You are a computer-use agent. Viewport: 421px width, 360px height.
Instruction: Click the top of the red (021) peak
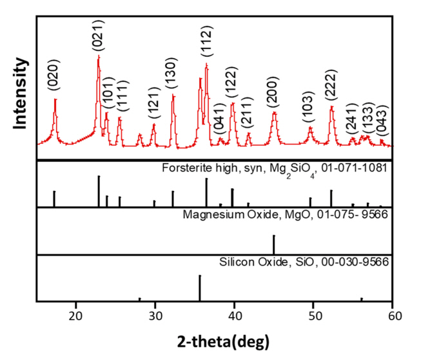(x=99, y=56)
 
